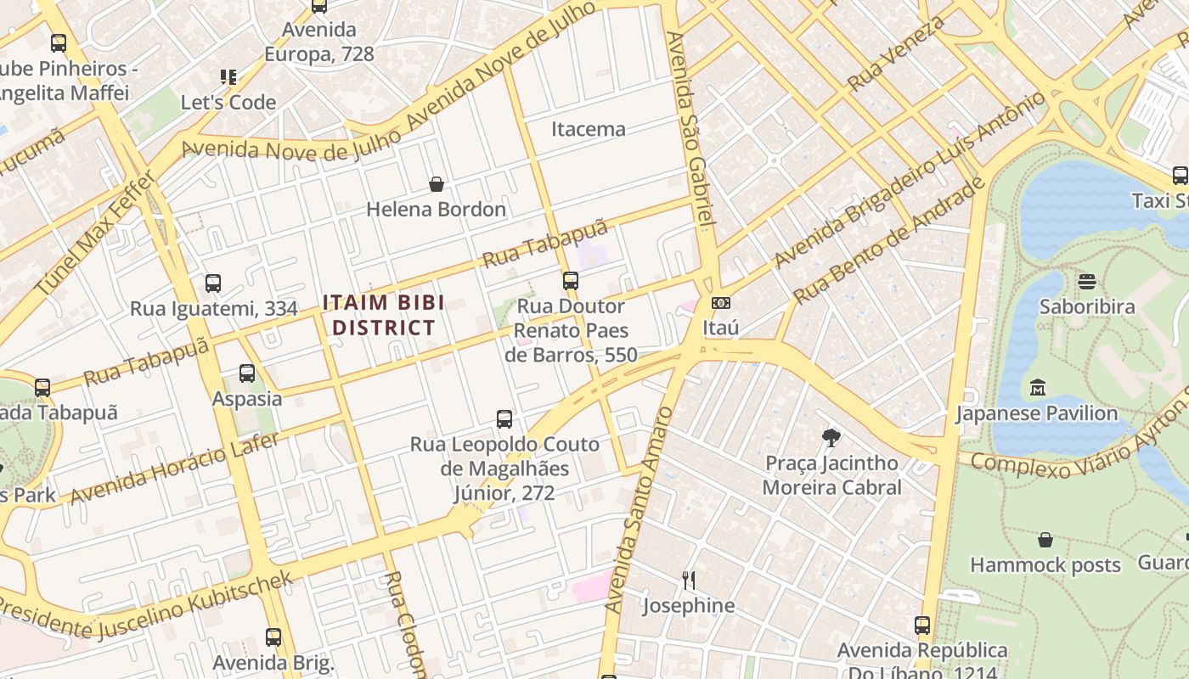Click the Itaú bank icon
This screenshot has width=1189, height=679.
coord(720,303)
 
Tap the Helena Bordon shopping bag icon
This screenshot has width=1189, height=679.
coord(437,184)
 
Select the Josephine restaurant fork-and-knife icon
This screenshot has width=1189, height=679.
coord(689,581)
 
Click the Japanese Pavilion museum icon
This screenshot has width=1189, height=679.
coord(1037,389)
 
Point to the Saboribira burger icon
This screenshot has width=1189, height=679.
coord(1087,281)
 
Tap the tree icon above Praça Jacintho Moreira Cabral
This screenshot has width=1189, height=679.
coord(831,438)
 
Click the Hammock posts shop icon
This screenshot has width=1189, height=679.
coord(1045,540)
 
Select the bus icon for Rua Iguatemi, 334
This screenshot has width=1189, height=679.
coord(213,283)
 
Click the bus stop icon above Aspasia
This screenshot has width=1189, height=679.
coord(247,373)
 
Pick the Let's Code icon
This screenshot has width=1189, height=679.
coord(228,77)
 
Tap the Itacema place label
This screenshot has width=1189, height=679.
coord(589,129)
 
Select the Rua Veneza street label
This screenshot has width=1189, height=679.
coord(896,53)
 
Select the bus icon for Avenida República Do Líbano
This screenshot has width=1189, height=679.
coord(922,626)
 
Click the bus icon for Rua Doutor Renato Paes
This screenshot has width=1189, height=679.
coord(571,280)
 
